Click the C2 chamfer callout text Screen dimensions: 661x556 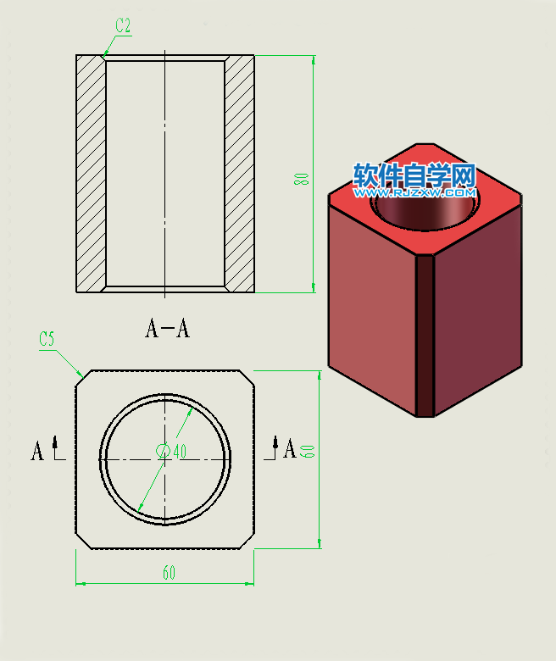click(123, 26)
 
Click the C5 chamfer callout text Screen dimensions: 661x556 click(47, 339)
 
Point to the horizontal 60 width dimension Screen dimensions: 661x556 click(169, 574)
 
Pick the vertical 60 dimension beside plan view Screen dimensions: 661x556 click(309, 449)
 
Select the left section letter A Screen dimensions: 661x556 click(37, 451)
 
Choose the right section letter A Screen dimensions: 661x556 click(290, 448)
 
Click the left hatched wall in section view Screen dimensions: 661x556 click(91, 174)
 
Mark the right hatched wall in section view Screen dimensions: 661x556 click(240, 174)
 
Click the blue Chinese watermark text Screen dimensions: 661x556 click(414, 175)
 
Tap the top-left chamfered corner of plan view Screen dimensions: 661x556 click(81, 375)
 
